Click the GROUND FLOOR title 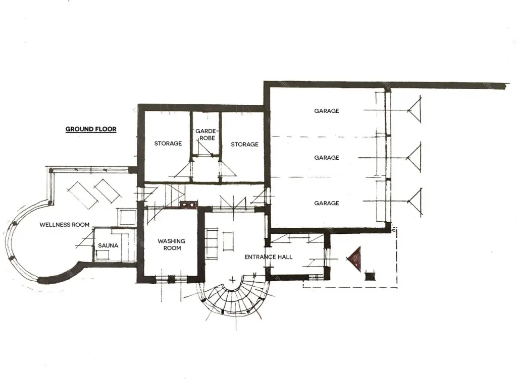tap(91, 129)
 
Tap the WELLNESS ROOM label tap(64, 225)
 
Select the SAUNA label tap(108, 245)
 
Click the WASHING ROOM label tap(172, 244)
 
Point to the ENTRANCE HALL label tap(269, 257)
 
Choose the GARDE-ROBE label tap(206, 135)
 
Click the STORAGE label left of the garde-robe tap(168, 144)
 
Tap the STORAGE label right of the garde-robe tap(245, 144)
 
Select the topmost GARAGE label tap(327, 111)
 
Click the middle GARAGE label tap(327, 158)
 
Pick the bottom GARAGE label tap(327, 203)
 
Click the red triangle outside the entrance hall tap(355, 259)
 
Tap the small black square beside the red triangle tap(370, 277)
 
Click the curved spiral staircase tap(233, 298)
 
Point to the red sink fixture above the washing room tap(188, 205)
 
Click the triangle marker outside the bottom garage tap(416, 201)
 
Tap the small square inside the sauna tap(102, 254)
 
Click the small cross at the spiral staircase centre tap(232, 280)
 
